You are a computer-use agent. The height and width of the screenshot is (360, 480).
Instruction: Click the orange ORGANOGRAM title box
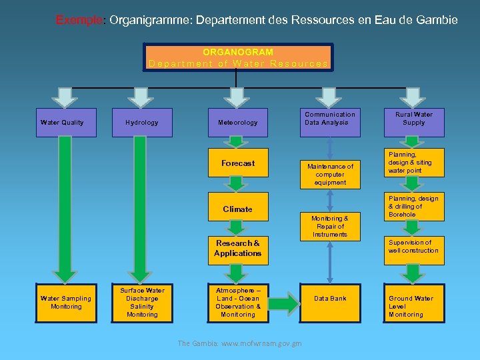(239, 57)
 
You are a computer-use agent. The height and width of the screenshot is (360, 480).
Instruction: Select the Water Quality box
(62, 123)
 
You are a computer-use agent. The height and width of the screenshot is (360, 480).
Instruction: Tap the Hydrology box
(142, 123)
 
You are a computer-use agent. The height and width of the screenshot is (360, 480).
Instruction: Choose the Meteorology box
(238, 123)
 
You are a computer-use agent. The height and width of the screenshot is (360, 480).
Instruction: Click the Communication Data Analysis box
(330, 119)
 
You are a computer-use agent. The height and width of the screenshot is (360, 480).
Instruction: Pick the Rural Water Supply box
(414, 119)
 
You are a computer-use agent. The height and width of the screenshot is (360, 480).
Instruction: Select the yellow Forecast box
(238, 163)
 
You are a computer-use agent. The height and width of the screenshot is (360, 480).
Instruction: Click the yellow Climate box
(238, 209)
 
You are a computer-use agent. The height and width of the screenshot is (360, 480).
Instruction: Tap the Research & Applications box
(238, 248)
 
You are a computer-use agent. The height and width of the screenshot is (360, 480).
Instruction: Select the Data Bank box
(330, 299)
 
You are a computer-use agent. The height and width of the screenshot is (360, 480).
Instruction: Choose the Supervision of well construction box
(414, 247)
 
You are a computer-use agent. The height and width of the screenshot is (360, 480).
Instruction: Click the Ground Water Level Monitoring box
(414, 307)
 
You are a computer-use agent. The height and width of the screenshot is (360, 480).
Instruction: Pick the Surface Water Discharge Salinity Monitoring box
(142, 303)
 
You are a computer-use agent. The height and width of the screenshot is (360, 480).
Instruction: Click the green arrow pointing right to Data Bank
(284, 305)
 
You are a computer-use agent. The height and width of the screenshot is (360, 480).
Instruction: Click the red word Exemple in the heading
(79, 20)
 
